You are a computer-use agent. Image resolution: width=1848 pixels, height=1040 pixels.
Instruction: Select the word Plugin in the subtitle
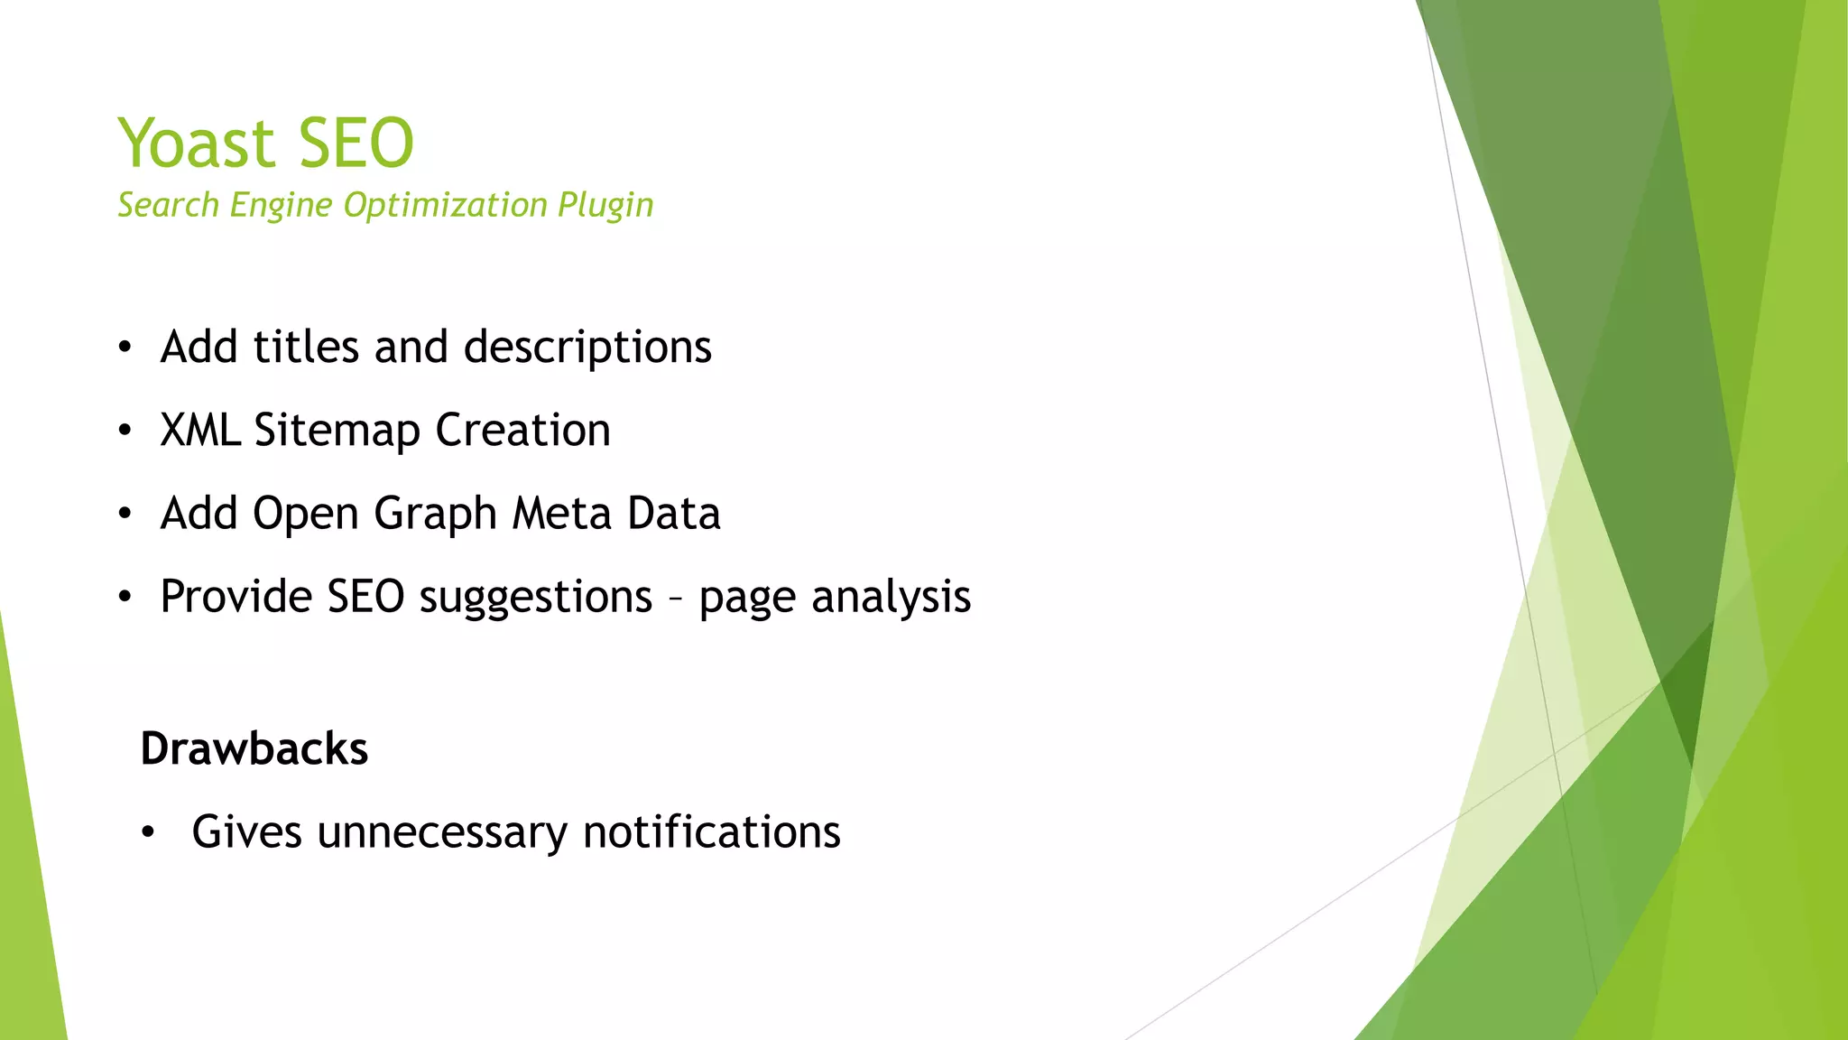[x=605, y=205]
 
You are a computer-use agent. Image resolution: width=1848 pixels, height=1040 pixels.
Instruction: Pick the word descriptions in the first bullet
[x=587, y=348]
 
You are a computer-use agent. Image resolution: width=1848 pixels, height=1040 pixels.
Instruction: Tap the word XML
[x=200, y=430]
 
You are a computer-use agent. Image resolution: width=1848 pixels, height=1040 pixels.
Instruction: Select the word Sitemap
[x=337, y=431]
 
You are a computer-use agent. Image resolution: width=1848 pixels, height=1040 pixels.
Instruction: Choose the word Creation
[x=523, y=430]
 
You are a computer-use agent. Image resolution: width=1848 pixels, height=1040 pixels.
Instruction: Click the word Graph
[x=435, y=514]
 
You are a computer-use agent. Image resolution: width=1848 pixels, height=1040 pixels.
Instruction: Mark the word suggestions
[x=536, y=598]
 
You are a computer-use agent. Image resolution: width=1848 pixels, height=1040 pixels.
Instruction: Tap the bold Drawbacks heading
[x=254, y=748]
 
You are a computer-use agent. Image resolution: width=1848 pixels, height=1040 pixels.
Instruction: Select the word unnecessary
[x=442, y=831]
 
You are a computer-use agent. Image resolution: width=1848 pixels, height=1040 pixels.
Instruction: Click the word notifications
[x=712, y=831]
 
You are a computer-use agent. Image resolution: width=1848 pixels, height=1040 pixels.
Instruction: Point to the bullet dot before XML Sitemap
[x=125, y=431]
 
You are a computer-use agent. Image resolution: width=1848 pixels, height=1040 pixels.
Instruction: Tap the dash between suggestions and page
[x=676, y=598]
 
